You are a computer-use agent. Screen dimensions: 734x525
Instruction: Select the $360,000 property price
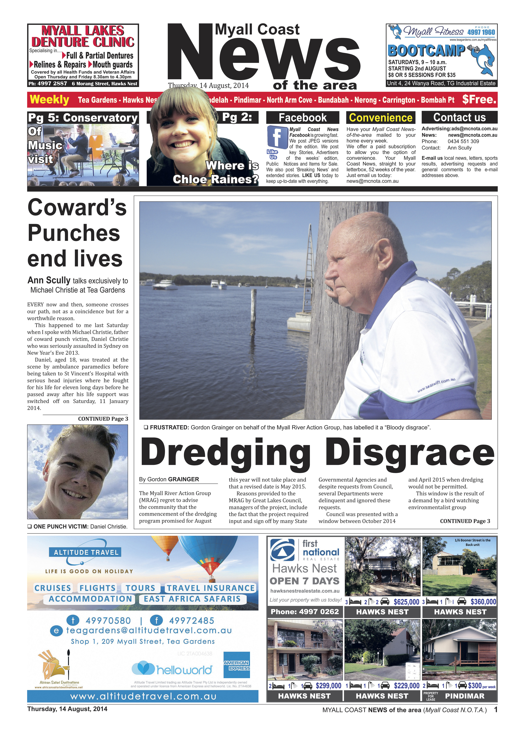(x=483, y=602)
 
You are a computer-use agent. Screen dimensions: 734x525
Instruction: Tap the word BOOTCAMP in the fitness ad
(x=426, y=51)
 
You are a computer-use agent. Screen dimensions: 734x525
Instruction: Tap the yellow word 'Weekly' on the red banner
(x=49, y=100)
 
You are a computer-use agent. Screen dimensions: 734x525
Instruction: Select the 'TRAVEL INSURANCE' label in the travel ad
(x=211, y=588)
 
